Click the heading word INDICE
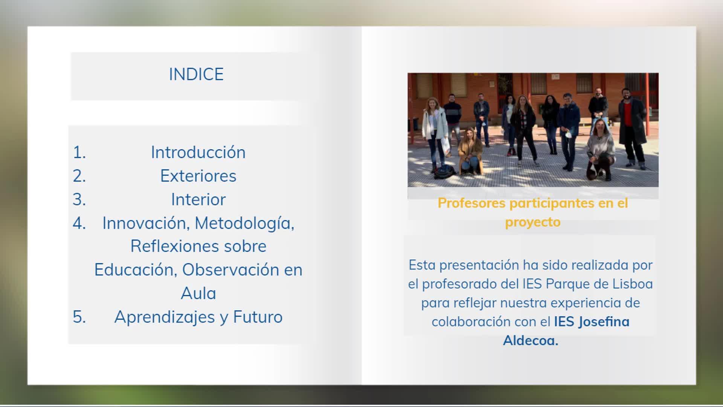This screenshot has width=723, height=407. point(196,74)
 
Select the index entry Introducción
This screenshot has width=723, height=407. point(198,152)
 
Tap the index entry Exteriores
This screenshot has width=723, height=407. point(198,176)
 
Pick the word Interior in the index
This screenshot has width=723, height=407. point(198,199)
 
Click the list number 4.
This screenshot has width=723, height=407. point(79,223)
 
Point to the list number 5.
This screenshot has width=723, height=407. point(79,317)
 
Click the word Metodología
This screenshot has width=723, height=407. point(244,223)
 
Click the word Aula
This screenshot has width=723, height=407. point(198,294)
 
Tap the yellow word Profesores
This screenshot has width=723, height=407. point(471,203)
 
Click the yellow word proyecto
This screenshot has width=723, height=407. point(532,222)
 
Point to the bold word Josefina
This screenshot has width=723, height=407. point(604,322)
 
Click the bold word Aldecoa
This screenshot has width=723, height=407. point(531,341)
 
